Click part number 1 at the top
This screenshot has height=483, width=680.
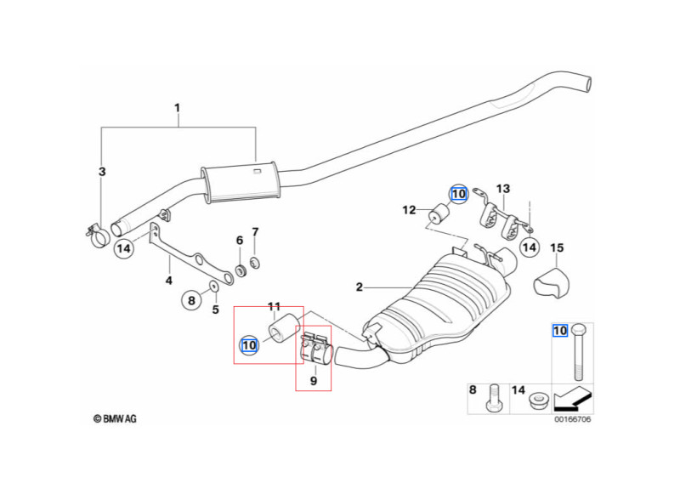pyautogui.click(x=177, y=108)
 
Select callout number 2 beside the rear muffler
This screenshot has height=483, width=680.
pyautogui.click(x=360, y=287)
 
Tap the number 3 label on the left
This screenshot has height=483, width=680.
pyautogui.click(x=102, y=172)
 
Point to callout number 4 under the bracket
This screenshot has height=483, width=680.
pyautogui.click(x=168, y=281)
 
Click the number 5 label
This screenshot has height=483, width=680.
pyautogui.click(x=216, y=310)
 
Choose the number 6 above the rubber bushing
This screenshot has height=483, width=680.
pyautogui.click(x=240, y=241)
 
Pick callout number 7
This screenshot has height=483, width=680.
pyautogui.click(x=255, y=232)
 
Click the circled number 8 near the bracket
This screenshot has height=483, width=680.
pyautogui.click(x=192, y=299)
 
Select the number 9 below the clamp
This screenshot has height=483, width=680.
pyautogui.click(x=313, y=381)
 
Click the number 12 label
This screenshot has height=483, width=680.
pyautogui.click(x=410, y=209)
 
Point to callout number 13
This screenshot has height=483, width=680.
pyautogui.click(x=503, y=189)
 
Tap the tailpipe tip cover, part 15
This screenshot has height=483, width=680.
pyautogui.click(x=552, y=282)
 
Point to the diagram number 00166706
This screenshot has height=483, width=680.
pyautogui.click(x=574, y=418)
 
